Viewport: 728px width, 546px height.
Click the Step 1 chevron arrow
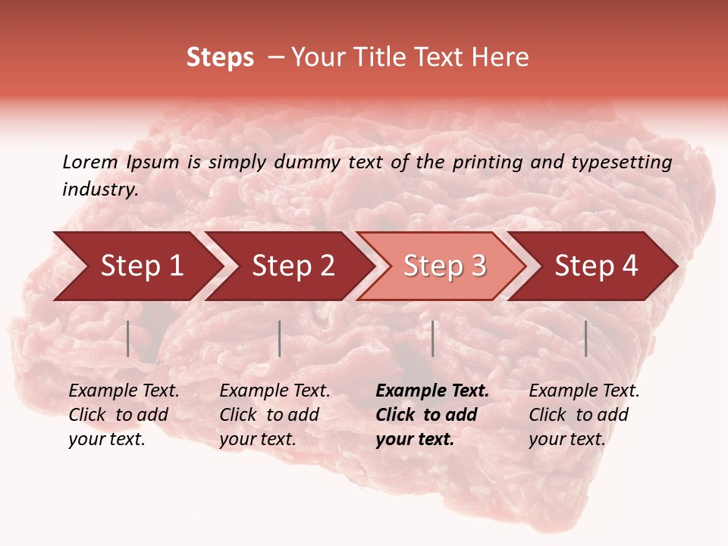136,266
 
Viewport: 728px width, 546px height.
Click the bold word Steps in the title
220,58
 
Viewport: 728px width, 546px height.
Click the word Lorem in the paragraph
89,162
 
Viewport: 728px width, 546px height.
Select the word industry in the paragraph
99,190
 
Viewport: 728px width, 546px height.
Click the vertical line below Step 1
128,338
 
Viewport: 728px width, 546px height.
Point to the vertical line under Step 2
280,338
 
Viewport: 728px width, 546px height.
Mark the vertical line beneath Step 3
432,338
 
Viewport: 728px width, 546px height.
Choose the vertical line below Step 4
585,338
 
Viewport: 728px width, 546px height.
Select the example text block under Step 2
274,415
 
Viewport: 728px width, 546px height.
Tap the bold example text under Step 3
431,415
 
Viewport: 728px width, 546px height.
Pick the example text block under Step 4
583,415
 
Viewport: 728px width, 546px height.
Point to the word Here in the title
500,58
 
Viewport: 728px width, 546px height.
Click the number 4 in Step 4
629,266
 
